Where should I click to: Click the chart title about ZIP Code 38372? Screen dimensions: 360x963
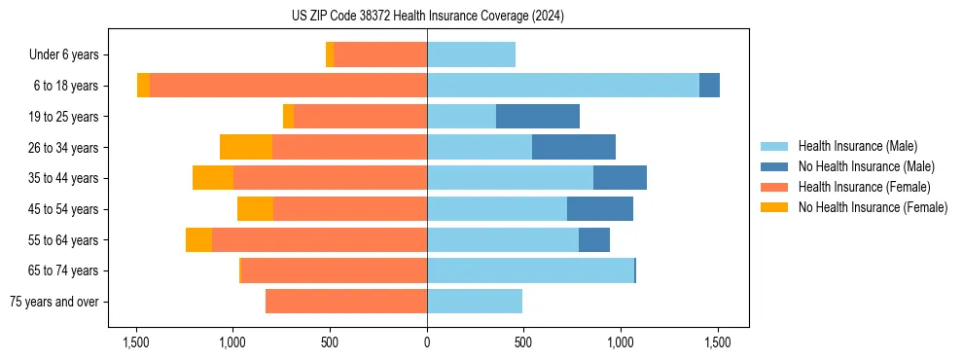427,16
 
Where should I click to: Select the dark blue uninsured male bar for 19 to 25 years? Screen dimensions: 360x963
537,117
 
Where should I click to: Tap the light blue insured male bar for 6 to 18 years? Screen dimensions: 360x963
562,86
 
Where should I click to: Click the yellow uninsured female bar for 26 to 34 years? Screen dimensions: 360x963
246,147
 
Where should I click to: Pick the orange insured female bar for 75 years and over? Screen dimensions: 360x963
346,302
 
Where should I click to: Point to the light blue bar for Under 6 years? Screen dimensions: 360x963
471,54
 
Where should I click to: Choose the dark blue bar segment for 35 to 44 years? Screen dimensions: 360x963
620,178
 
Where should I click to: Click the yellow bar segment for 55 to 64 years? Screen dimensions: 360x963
198,240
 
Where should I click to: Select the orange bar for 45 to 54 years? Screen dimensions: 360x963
350,209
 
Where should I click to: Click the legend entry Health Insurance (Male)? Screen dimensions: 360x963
857,147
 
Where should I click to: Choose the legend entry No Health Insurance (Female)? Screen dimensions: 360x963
873,207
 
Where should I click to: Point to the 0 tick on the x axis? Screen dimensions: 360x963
427,342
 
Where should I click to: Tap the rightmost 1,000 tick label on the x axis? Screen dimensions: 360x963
621,342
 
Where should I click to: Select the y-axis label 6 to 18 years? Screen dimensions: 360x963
65,86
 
